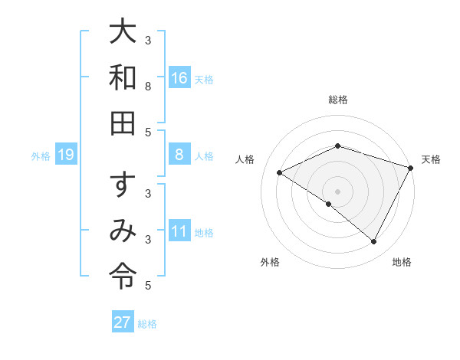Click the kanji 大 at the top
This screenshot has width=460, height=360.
point(123,32)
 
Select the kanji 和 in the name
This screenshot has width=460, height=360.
point(123,77)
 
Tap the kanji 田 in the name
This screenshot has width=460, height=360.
point(123,123)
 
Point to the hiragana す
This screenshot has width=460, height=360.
point(123,185)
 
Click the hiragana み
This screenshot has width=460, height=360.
point(123,231)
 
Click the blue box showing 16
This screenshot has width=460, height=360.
point(179,78)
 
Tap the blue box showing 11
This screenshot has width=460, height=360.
point(179,231)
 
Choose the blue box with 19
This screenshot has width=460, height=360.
point(66,155)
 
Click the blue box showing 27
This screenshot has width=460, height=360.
point(122,322)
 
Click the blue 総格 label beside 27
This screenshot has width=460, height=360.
point(148,324)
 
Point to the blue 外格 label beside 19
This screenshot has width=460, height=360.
point(41,156)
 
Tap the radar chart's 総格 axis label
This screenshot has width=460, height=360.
point(338,100)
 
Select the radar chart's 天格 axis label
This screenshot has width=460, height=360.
point(432,159)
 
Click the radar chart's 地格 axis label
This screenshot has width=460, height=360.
point(402,262)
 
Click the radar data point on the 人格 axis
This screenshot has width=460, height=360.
point(280,172)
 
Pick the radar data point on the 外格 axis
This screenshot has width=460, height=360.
point(329,204)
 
